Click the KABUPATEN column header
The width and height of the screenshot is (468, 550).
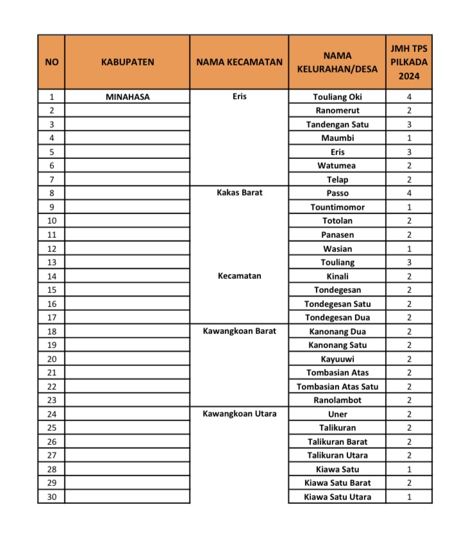coord(128,62)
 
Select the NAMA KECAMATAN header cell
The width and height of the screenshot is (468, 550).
coord(239,62)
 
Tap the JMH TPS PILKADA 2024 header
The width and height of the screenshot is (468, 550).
coord(408,62)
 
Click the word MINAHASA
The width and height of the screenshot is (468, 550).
coord(128,97)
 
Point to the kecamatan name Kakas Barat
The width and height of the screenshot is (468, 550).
coord(239,192)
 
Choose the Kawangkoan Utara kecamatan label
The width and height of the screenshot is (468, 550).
coord(239,413)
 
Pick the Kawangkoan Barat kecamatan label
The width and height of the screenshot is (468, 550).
coord(239,331)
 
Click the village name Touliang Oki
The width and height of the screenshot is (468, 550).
coord(337,97)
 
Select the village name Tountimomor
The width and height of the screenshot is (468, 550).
coord(337,207)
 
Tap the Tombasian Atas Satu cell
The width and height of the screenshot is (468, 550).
coord(337,387)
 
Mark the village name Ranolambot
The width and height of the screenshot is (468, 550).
coord(337,400)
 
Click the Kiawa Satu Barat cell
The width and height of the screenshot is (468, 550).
coord(337,483)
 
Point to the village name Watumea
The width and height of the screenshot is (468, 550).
coord(337,165)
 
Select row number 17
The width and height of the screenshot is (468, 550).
coord(51,317)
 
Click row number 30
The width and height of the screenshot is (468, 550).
coord(51,497)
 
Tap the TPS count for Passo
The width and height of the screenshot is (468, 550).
coord(408,192)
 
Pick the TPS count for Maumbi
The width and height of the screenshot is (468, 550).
coord(408,138)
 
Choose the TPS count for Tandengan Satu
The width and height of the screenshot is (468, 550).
coord(408,124)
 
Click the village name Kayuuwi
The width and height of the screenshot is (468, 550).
coord(337,359)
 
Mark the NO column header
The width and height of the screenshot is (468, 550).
coord(51,62)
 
